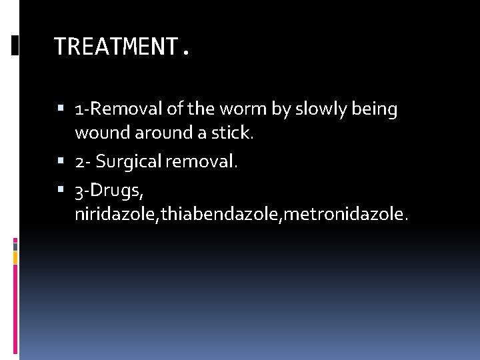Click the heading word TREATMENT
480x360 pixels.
point(118,47)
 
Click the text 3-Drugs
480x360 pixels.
point(108,190)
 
